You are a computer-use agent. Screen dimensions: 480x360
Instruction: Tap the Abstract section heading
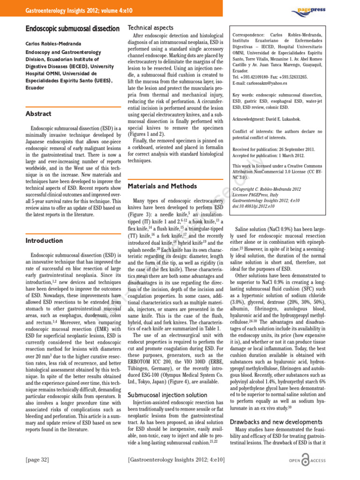coord(38,113)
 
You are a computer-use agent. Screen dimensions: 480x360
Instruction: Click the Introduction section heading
coord(44,240)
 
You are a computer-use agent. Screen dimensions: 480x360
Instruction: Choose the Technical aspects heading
coord(150,28)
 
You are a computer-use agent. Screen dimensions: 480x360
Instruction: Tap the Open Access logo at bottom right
coord(308,461)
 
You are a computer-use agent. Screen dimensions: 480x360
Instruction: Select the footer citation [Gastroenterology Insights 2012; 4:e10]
coord(177,459)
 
